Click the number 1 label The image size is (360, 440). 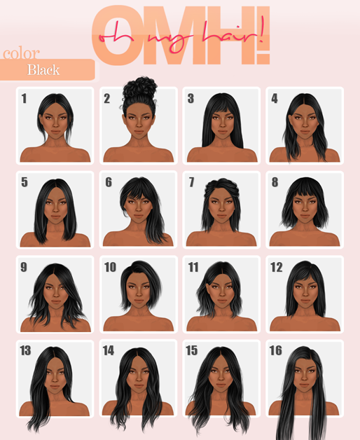(24, 99)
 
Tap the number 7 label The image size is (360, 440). (192, 182)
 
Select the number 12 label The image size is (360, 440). (277, 267)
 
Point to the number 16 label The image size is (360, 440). (275, 350)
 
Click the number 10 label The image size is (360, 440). (110, 267)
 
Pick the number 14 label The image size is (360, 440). (109, 350)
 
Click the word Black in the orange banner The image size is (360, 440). (43, 70)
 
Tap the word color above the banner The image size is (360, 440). (21, 53)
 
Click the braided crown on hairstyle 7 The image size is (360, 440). (221, 186)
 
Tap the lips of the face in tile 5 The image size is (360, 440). (55, 217)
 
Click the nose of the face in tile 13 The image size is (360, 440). (55, 379)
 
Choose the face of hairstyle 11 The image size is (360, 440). (222, 293)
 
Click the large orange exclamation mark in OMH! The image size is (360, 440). (263, 36)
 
